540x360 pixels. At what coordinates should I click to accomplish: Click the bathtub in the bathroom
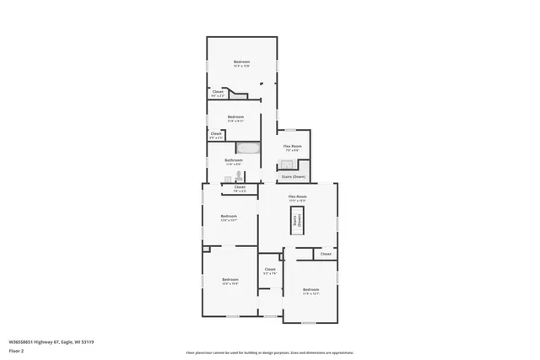tap(249, 148)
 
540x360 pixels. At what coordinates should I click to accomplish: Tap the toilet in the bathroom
tap(240, 175)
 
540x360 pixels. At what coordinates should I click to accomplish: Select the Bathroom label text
tap(234, 159)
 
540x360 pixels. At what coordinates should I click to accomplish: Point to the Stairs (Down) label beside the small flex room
tap(293, 177)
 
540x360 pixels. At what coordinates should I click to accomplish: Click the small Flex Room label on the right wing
tap(293, 147)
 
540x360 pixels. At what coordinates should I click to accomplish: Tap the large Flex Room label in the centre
tap(297, 196)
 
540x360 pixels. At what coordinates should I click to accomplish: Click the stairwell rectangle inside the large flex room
tap(297, 222)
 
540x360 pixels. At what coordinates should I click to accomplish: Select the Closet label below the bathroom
tap(240, 187)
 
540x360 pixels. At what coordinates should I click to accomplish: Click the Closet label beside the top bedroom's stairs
tap(218, 92)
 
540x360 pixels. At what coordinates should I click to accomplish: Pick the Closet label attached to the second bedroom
tap(216, 133)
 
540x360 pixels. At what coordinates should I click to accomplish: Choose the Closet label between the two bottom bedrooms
tap(270, 270)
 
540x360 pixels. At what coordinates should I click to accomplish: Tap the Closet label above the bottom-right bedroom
tap(326, 254)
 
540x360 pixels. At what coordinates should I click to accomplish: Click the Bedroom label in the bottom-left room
tap(230, 280)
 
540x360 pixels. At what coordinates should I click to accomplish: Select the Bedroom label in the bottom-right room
tap(310, 289)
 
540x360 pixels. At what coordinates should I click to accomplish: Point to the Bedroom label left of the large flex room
tap(229, 217)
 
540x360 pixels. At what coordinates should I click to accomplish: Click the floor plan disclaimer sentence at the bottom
tap(269, 352)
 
